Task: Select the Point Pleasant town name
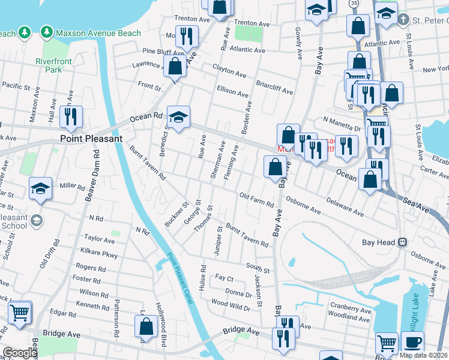coord(91,138)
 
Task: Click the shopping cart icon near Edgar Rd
coord(20,312)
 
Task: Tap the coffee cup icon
coord(412,343)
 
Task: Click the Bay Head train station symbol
coord(403,242)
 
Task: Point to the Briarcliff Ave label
coord(274,88)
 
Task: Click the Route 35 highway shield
coord(355,4)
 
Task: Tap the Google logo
coord(19,353)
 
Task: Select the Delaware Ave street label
coord(345,208)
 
